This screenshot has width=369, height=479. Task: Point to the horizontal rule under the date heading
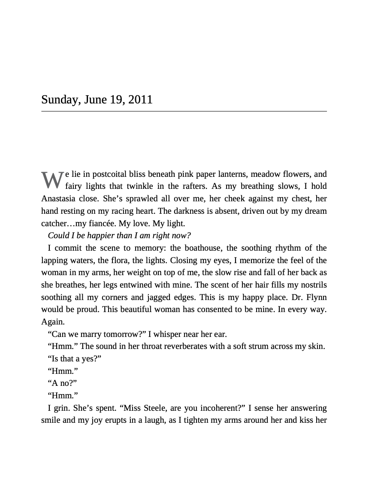[184, 111]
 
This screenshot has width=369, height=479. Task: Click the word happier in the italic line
[102, 236]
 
